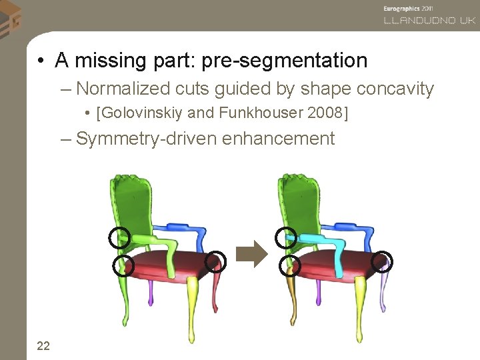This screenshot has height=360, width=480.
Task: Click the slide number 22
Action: click(43, 345)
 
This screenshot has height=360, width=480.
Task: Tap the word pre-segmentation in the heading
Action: click(284, 61)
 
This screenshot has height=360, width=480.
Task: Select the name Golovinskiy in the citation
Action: click(141, 113)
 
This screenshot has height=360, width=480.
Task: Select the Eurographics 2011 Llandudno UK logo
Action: click(429, 15)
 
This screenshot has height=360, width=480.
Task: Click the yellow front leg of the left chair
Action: click(194, 300)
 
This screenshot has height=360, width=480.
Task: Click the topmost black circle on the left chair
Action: click(119, 237)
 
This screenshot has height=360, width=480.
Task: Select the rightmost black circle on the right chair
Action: click(383, 261)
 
